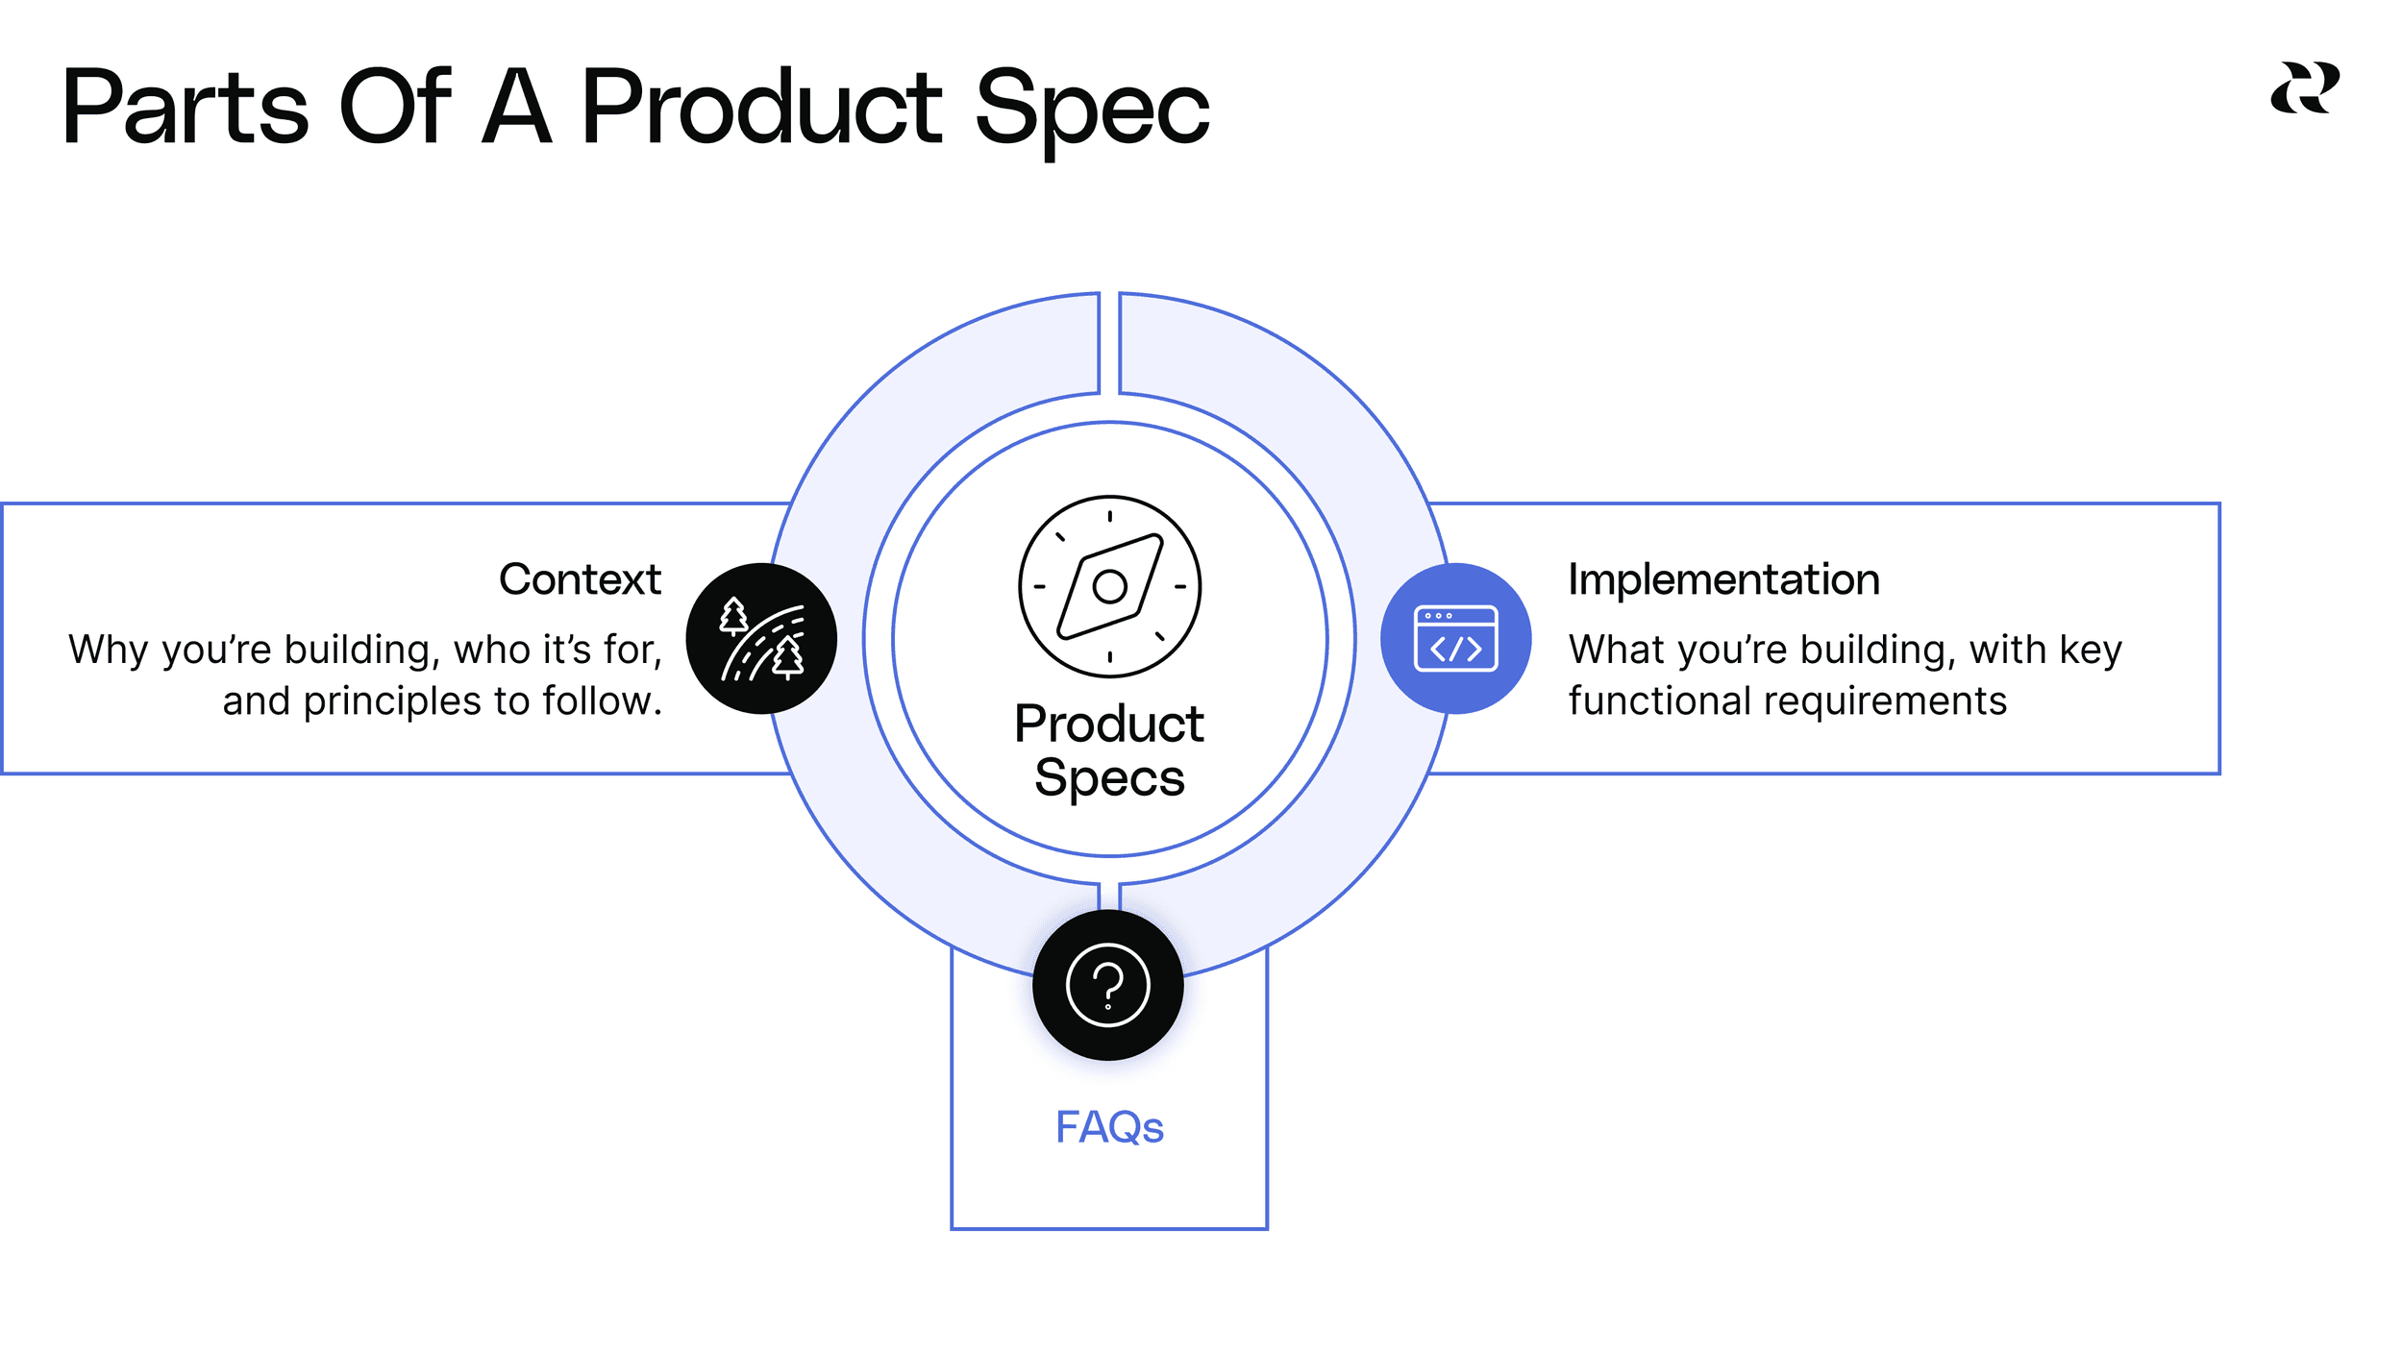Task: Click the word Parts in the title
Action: pos(186,108)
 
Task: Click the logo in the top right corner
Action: pos(2304,88)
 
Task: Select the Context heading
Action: pos(580,579)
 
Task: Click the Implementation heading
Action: pos(1723,579)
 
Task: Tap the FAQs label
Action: pos(1109,1127)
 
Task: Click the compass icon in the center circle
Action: pos(1109,586)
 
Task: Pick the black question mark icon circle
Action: pos(1107,985)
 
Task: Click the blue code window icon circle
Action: pos(1455,638)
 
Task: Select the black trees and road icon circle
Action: pos(761,638)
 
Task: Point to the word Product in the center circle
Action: pos(1109,724)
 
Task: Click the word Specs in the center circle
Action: pos(1109,777)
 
